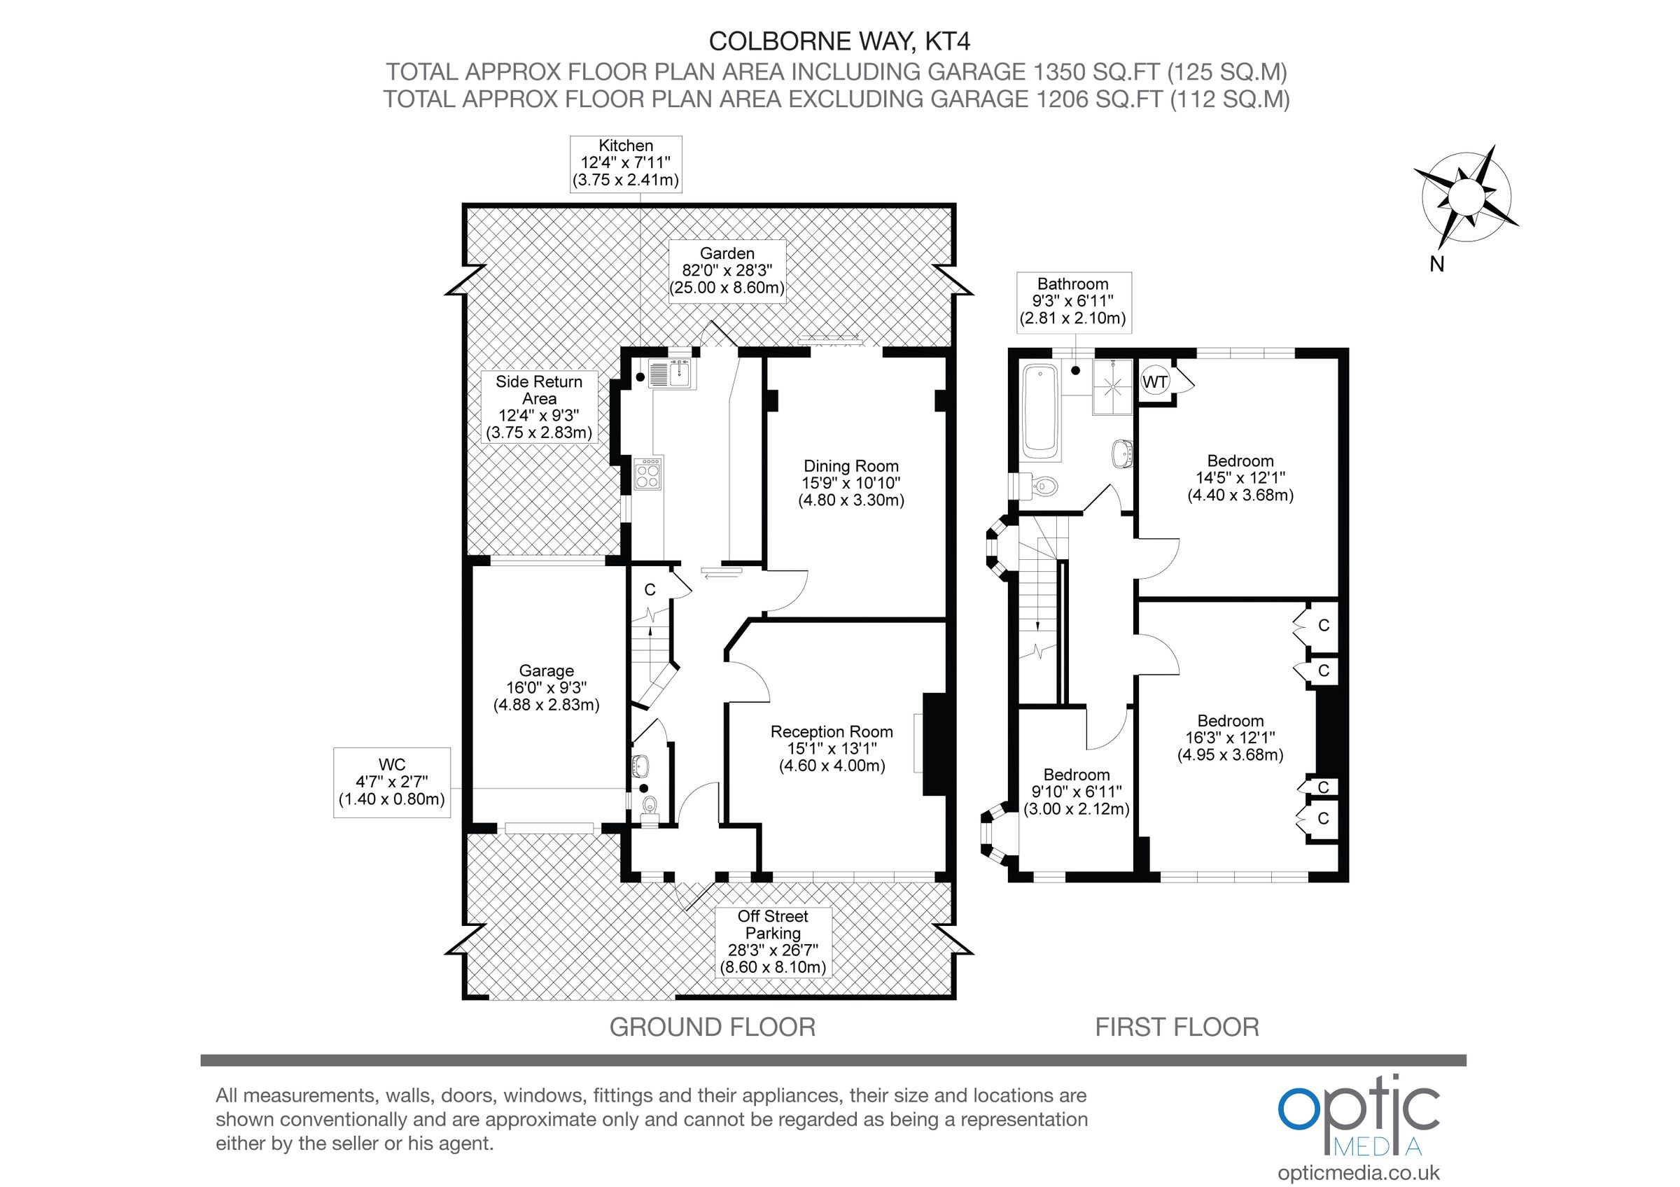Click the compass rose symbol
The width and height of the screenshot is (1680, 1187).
[x=1466, y=197]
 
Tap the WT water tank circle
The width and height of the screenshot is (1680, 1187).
[x=1154, y=381]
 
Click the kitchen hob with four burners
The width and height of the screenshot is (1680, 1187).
[x=648, y=474]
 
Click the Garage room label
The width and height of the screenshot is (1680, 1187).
[x=547, y=687]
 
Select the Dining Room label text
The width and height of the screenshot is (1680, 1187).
[x=851, y=483]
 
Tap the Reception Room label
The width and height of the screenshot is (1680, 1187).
[x=832, y=748]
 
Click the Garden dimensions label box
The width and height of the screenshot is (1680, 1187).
[x=727, y=270]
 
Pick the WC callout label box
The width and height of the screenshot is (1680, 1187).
[x=391, y=782]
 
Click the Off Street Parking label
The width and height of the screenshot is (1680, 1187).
[x=773, y=941]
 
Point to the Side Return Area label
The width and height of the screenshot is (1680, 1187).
[x=539, y=407]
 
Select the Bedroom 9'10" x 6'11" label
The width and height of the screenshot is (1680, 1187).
[x=1077, y=792]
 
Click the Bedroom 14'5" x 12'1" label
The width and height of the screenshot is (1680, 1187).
[x=1240, y=477]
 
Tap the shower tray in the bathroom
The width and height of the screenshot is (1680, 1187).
[x=1113, y=387]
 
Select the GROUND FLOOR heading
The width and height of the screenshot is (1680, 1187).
[x=712, y=1027]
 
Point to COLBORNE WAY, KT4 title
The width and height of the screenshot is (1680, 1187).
[x=839, y=41]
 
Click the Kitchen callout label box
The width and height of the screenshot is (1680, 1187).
[x=626, y=163]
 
